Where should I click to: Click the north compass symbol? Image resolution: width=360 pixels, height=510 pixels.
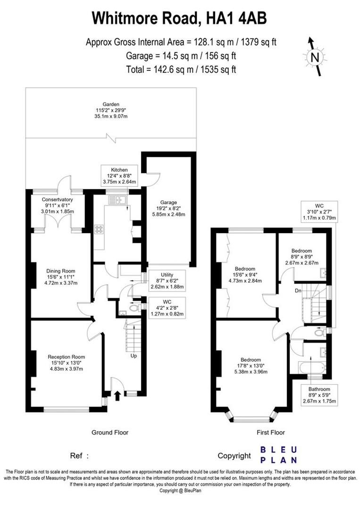[315, 56]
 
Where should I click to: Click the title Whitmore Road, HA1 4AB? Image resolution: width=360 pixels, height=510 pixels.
[180, 18]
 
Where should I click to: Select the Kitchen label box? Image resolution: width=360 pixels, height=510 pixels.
[120, 176]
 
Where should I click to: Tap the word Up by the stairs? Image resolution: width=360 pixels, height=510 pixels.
[134, 356]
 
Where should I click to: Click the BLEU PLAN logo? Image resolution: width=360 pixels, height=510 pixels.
[279, 454]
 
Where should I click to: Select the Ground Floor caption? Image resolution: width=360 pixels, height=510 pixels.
[110, 432]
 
